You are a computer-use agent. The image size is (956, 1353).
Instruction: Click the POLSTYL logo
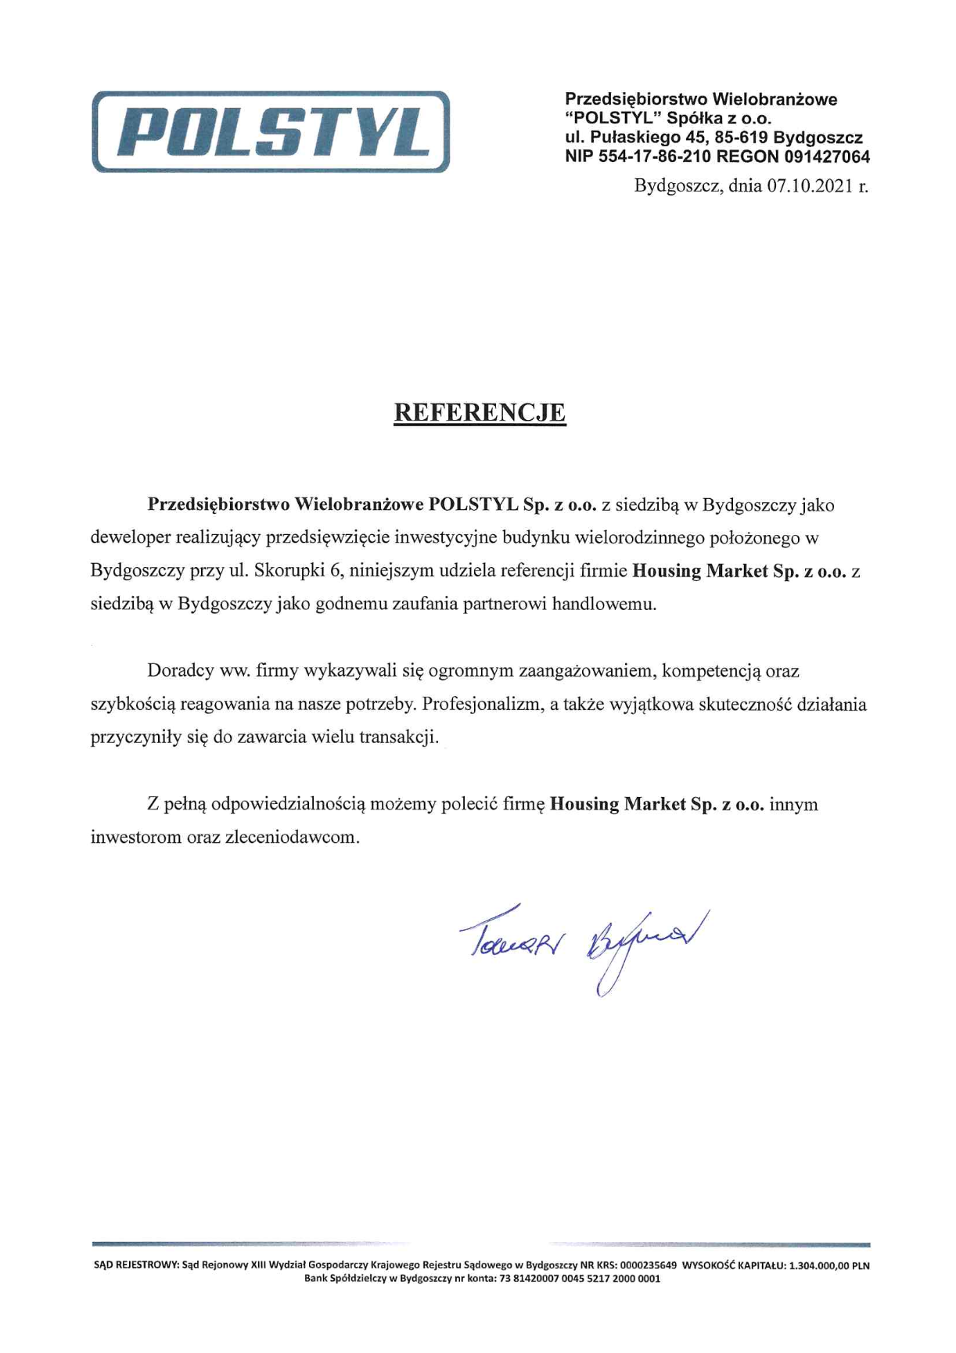pos(271,131)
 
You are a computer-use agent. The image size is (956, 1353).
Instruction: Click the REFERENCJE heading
pos(479,412)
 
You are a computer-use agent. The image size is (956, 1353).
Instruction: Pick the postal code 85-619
pos(742,138)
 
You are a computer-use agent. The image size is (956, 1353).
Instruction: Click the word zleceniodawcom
pos(293,838)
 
